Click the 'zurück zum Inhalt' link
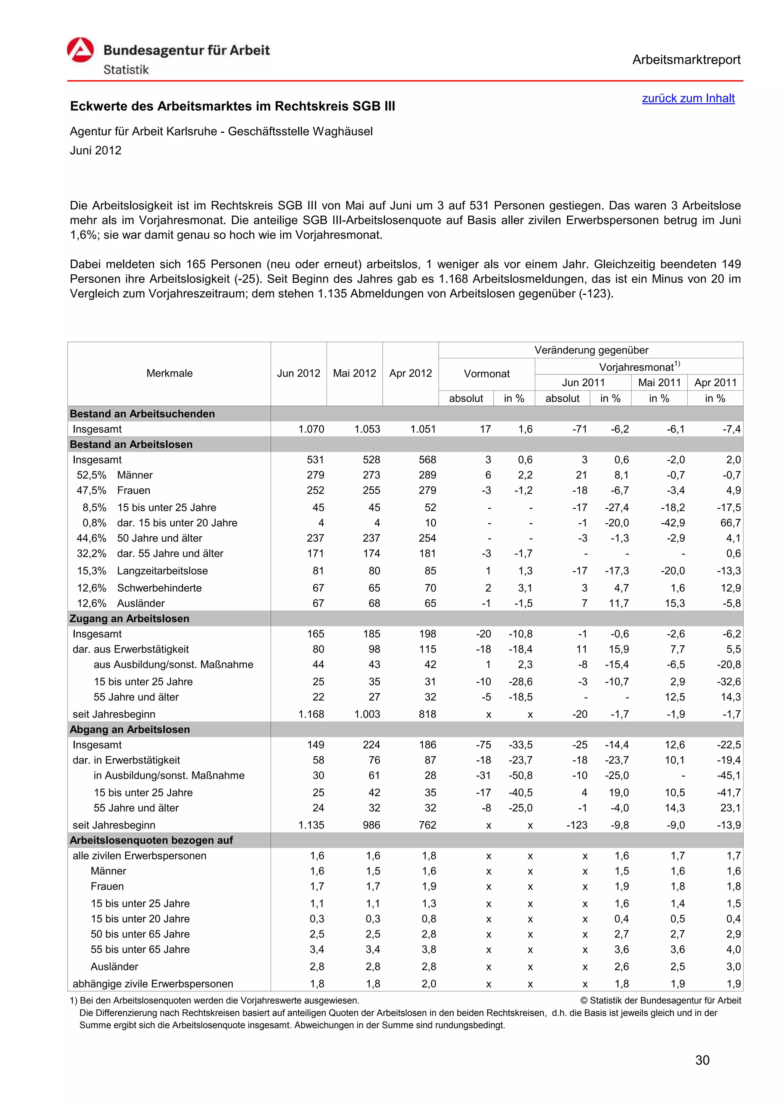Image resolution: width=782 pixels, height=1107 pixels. [x=688, y=98]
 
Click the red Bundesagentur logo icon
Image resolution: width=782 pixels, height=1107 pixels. [x=81, y=50]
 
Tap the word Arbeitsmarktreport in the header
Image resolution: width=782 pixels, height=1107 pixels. [x=686, y=60]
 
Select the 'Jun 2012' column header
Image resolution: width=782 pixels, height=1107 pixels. [x=298, y=373]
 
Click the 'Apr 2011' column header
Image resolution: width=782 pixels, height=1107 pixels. [x=715, y=382]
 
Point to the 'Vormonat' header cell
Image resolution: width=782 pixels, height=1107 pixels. [x=486, y=374]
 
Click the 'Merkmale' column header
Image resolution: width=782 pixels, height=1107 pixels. [x=169, y=373]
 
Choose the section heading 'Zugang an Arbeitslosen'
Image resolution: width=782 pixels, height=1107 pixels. [x=129, y=618]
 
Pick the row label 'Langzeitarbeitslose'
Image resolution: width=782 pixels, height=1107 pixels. [x=162, y=571]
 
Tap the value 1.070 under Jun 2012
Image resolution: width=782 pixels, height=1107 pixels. [x=311, y=429]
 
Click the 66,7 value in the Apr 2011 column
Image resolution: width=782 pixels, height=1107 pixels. [x=730, y=523]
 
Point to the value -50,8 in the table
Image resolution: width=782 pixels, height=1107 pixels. [x=520, y=775]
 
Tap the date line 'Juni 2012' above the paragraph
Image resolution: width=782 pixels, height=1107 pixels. [x=95, y=151]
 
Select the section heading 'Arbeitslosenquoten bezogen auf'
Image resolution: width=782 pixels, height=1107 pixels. [x=151, y=840]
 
